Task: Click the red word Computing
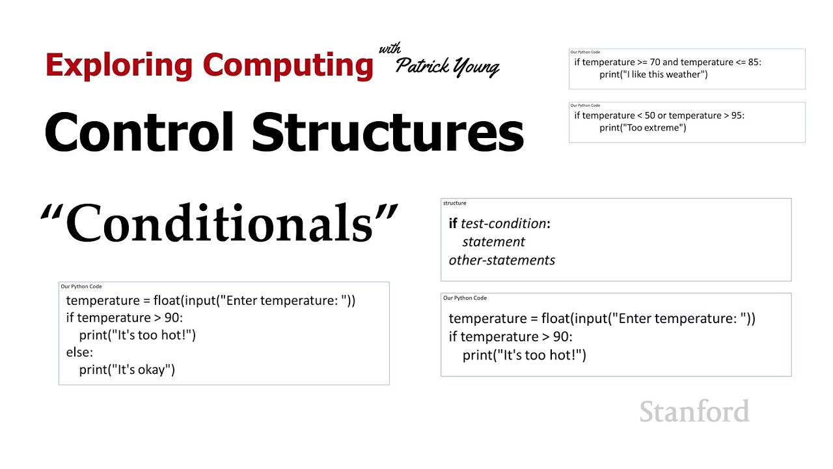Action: click(288, 65)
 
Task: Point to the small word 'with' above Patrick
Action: click(390, 50)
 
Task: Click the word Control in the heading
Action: click(139, 132)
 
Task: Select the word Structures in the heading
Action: click(388, 132)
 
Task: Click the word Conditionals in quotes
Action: click(219, 224)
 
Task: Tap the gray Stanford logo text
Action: click(694, 412)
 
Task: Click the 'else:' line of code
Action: click(79, 352)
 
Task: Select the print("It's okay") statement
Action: click(127, 370)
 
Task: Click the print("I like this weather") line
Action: click(653, 74)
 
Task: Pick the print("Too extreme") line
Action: click(643, 128)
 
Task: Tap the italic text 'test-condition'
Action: click(503, 223)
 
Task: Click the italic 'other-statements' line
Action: click(502, 261)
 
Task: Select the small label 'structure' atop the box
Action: click(455, 203)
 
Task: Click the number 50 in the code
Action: click(650, 115)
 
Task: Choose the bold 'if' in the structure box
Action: click(453, 223)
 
